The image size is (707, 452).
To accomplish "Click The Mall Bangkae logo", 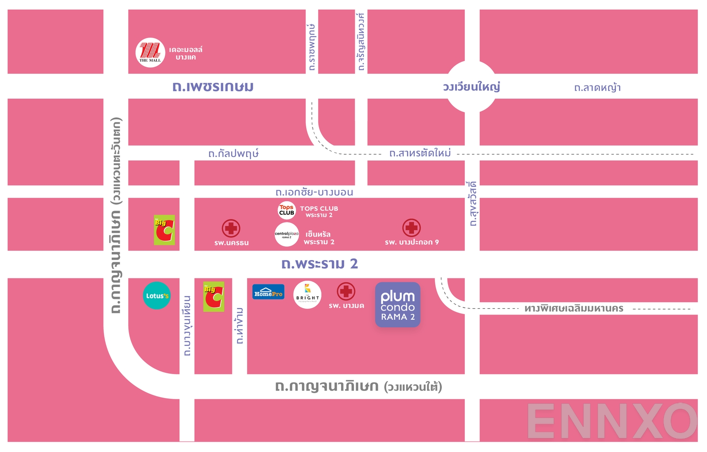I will click(150, 53).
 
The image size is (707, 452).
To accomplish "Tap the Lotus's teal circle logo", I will click(157, 295).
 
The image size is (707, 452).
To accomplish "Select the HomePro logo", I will click(268, 292).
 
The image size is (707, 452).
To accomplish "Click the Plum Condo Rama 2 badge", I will click(398, 305).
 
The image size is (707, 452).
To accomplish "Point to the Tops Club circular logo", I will click(286, 210).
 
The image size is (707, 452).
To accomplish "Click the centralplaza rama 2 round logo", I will click(287, 234).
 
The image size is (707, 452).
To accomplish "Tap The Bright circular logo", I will click(308, 295).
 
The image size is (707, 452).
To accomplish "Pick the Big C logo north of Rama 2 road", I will click(164, 230).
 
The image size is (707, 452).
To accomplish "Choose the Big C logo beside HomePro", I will click(213, 297).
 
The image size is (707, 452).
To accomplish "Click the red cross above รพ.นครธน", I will click(231, 229).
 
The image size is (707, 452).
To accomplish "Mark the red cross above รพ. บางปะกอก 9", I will click(411, 228).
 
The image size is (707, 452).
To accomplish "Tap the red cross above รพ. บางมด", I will click(346, 291).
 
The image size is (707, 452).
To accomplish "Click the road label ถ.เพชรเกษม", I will click(213, 87).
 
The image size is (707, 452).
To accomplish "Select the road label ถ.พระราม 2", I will click(319, 264).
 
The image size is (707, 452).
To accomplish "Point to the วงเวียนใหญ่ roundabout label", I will click(471, 87).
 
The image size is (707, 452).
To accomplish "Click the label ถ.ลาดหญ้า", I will click(597, 88).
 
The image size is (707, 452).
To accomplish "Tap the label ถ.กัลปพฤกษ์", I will click(233, 153).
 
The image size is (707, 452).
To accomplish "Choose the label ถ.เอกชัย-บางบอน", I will click(314, 192).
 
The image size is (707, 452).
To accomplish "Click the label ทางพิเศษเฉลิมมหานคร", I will click(574, 308).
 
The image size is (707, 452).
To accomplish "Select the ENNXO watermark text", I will click(612, 421).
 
